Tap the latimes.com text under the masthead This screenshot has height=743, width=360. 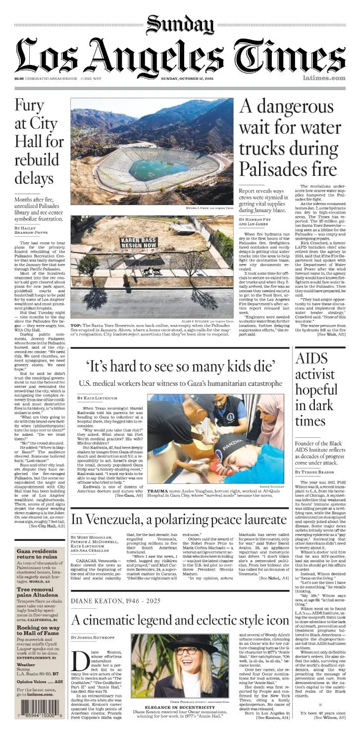324,78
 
